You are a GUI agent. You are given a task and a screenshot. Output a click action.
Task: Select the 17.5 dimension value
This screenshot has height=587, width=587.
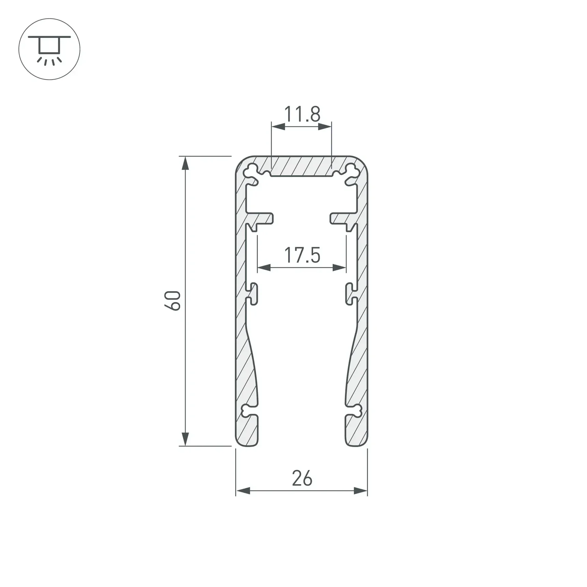(302, 255)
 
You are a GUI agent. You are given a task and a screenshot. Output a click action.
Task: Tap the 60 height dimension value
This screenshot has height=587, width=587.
(173, 301)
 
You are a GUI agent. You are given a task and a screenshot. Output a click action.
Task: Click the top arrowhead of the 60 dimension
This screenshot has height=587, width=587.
(185, 163)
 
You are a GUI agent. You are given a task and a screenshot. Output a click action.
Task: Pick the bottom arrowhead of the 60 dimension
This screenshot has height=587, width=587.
(185, 439)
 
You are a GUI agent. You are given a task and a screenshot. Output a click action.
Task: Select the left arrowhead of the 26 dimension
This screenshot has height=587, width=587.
(243, 491)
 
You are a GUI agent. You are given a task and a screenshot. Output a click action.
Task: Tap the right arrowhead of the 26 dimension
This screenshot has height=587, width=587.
(361, 491)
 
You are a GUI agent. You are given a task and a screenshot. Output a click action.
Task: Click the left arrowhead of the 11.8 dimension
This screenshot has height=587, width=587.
(278, 127)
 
